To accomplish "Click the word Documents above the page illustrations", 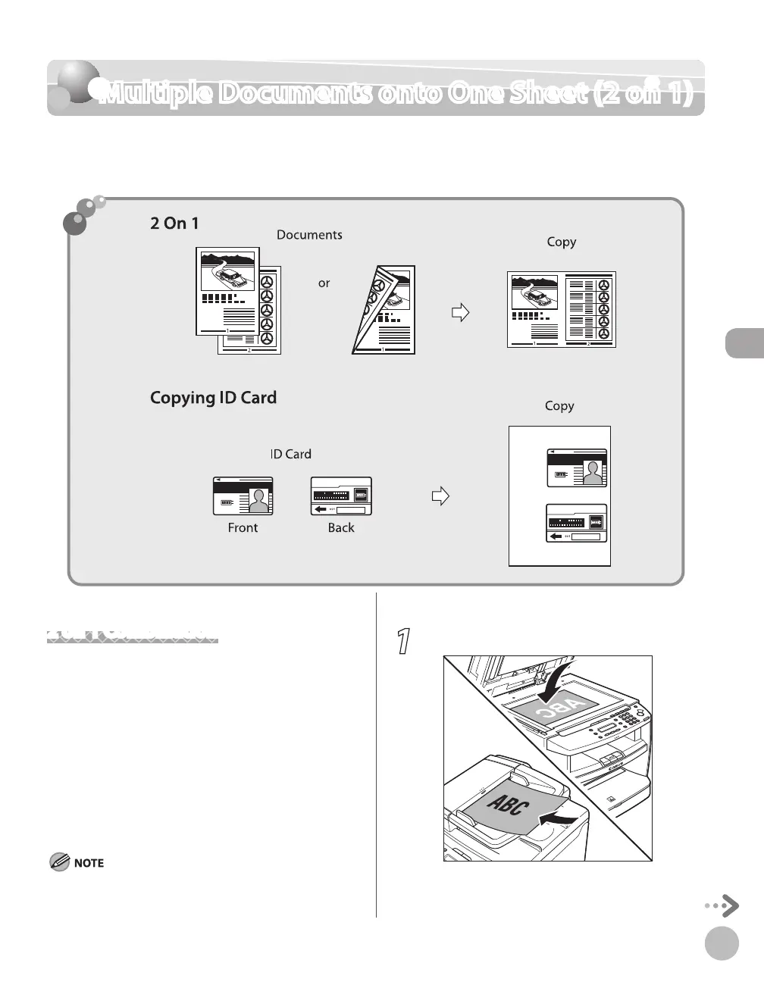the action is click(309, 235).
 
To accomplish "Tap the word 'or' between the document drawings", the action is click(324, 283).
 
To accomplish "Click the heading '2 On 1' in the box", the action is click(174, 224).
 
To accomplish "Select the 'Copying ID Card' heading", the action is click(213, 398).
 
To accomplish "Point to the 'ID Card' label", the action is click(291, 454).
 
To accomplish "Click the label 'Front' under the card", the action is click(243, 527).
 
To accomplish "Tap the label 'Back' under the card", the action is click(341, 527).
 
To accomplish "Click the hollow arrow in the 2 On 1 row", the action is click(460, 312).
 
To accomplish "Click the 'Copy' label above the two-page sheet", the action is click(562, 242).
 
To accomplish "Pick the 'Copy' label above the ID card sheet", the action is click(559, 406).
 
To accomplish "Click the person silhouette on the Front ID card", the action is click(260, 501).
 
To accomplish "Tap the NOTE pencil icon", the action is click(58, 862).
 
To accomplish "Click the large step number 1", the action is click(404, 642).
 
